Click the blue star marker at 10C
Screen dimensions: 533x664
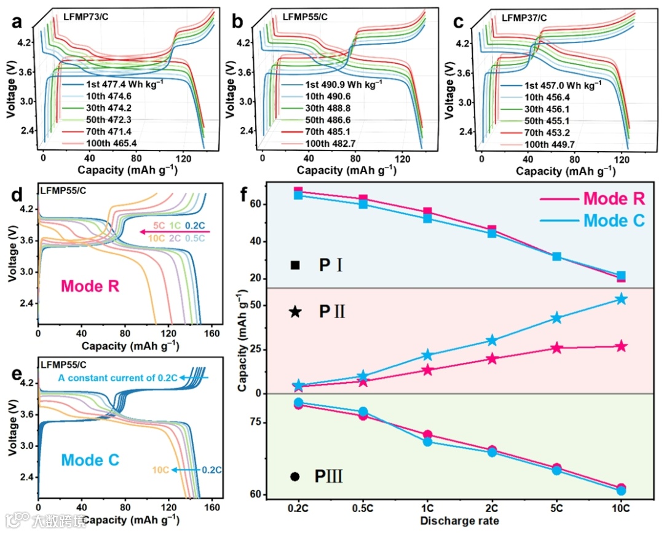pyautogui.click(x=621, y=299)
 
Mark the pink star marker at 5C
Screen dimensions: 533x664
pyautogui.click(x=556, y=348)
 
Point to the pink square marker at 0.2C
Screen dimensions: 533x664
pyautogui.click(x=298, y=192)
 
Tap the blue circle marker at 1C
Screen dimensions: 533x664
pyautogui.click(x=427, y=442)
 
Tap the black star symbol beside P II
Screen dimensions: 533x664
pyautogui.click(x=296, y=312)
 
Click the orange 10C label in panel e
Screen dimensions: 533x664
pyautogui.click(x=162, y=470)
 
